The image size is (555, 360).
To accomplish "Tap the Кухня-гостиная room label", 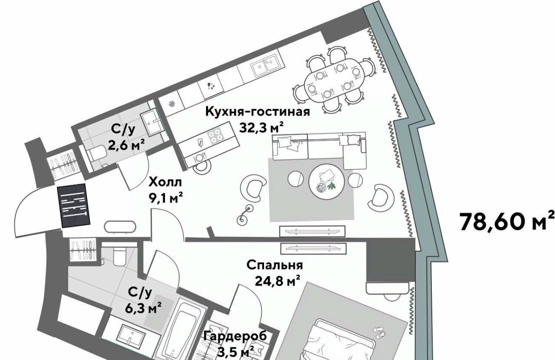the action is coord(258,111).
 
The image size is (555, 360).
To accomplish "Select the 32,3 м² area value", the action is coord(261,128).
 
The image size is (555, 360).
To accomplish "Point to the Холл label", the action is coord(165,182).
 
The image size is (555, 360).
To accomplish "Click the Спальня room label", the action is coord(274,265).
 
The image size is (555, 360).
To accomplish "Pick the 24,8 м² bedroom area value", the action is coord(277,281).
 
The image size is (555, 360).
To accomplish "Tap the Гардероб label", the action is coord(235,337).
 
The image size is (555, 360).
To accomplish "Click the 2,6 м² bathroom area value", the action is coord(126,145).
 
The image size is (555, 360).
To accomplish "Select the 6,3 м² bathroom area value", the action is coord(143,308).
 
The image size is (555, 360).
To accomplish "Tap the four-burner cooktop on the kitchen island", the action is coord(215,137).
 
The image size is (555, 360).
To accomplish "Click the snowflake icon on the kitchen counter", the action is coord(171,104).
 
